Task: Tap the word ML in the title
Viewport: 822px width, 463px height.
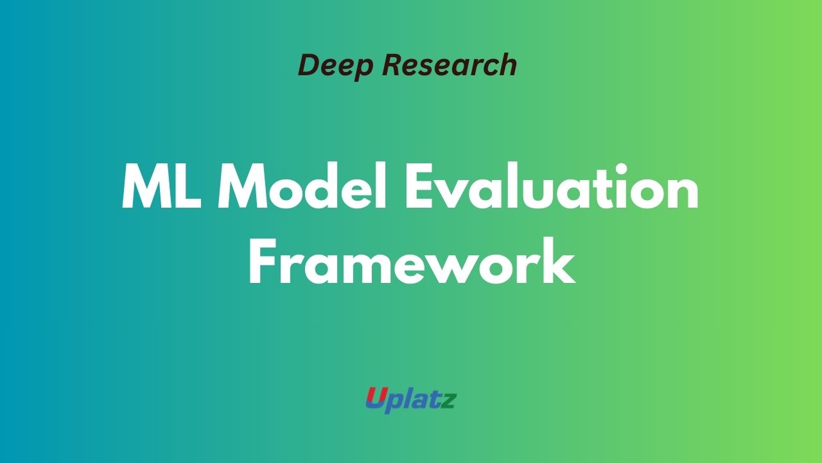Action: pyautogui.click(x=161, y=187)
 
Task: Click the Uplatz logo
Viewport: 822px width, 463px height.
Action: pyautogui.click(x=411, y=399)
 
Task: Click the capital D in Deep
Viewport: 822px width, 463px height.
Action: pyautogui.click(x=308, y=66)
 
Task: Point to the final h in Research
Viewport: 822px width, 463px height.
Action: pyautogui.click(x=508, y=65)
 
